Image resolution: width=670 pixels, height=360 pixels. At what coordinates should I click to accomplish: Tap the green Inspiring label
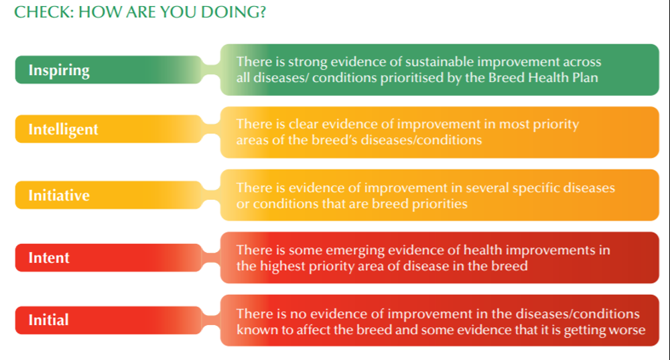coord(59,70)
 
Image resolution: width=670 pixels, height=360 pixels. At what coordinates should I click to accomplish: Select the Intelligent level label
coord(63,129)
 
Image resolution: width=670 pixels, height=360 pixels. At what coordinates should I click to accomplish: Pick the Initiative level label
coord(59,195)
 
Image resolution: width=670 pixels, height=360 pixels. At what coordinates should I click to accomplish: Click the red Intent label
coord(49,257)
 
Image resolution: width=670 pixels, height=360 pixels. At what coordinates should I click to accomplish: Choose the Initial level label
coord(48,320)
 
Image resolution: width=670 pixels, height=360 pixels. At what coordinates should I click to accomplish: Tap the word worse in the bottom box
coord(627,329)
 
